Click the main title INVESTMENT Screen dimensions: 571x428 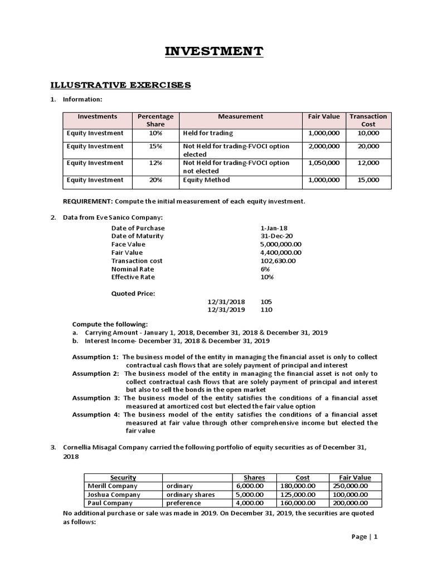tap(214, 52)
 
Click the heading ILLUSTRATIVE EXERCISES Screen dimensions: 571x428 tap(121, 85)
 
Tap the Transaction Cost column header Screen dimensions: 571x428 tap(368, 120)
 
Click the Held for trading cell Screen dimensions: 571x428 tap(208, 134)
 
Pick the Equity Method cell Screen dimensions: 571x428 tap(206, 180)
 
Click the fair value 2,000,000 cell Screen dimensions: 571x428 tap(323, 146)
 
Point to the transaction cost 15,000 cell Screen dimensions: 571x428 tap(368, 180)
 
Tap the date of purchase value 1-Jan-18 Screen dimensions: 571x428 tap(274, 228)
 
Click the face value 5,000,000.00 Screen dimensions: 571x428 tap(281, 244)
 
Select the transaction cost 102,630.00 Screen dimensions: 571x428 tap(278, 260)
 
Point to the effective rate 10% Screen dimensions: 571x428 tap(267, 277)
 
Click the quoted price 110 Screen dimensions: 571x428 tap(266, 310)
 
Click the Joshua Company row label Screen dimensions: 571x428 tap(114, 495)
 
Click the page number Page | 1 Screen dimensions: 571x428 tap(364, 537)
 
